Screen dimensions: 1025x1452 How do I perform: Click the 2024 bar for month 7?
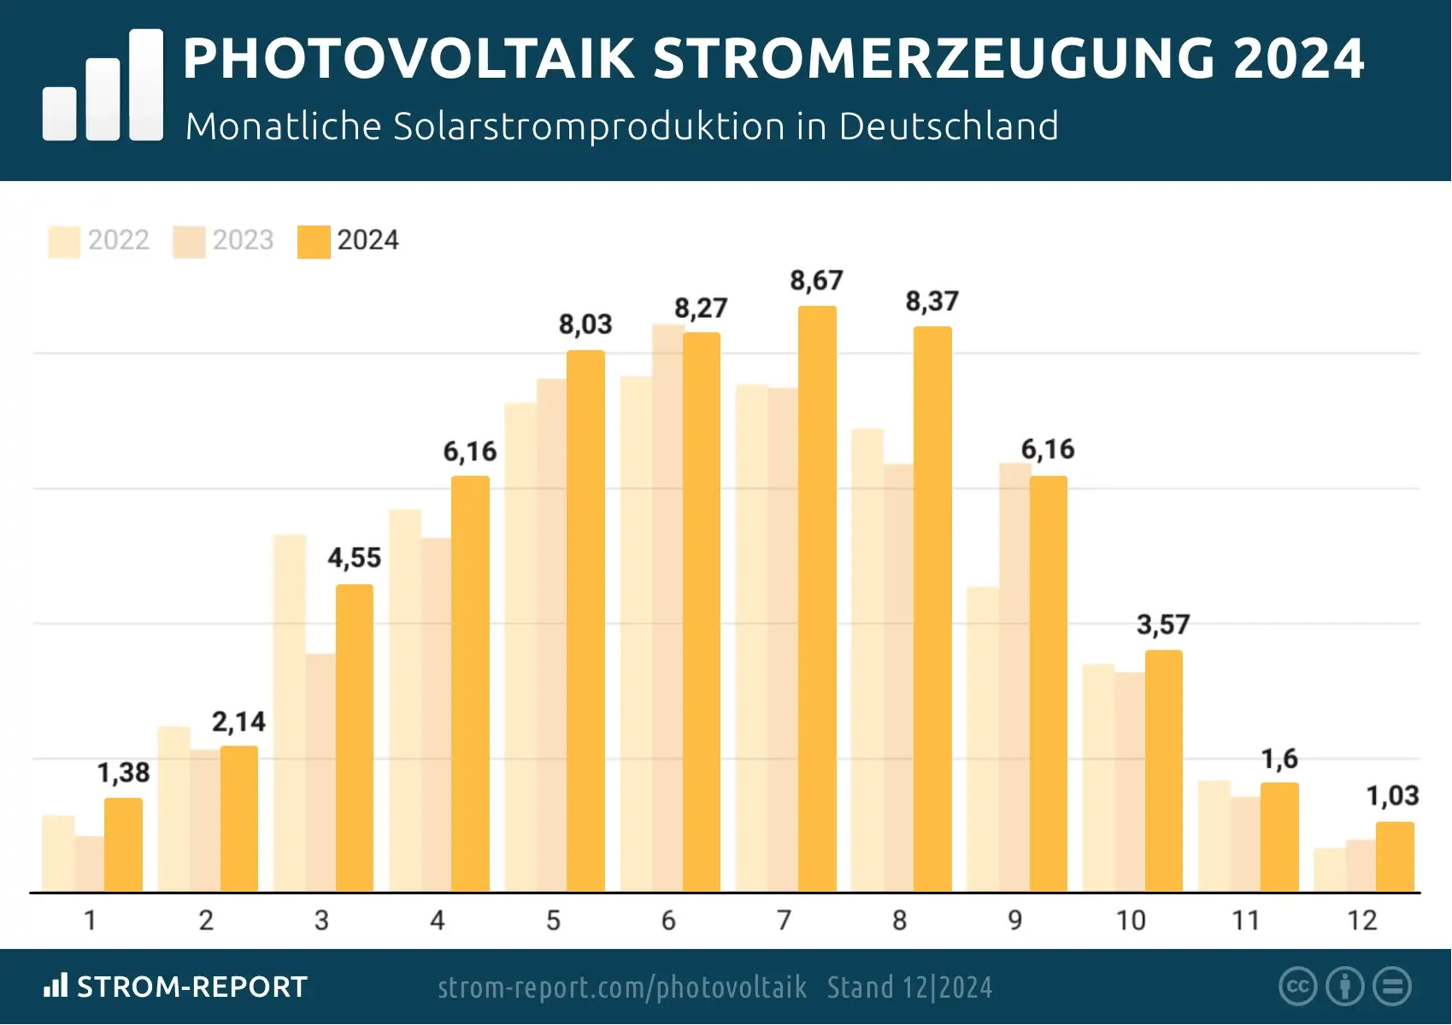(817, 598)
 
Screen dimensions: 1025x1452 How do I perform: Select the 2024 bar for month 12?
(1395, 857)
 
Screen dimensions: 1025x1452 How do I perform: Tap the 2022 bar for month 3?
(290, 713)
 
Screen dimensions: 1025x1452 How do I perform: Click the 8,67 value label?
(816, 280)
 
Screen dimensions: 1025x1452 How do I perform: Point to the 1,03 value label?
(1392, 796)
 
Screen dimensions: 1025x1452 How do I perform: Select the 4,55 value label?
(354, 558)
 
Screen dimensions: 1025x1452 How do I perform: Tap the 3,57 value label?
(1162, 624)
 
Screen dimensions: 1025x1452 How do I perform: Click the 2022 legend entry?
(99, 240)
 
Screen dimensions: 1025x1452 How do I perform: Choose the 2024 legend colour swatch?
(314, 241)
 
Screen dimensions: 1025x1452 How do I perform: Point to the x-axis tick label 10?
(1131, 920)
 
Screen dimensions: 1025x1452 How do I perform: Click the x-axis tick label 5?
(553, 920)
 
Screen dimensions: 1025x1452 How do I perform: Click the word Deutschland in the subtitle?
(949, 126)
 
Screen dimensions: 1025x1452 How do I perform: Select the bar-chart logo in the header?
(103, 85)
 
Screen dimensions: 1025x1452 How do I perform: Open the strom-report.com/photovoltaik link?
(622, 987)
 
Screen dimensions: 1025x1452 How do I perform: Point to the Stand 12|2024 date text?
(909, 987)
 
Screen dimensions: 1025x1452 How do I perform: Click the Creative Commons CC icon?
(1297, 987)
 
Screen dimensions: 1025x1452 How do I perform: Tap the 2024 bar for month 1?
(123, 845)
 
